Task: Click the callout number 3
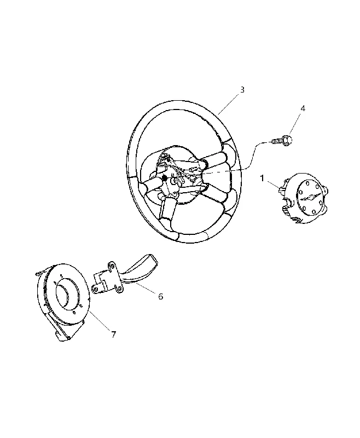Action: (242, 90)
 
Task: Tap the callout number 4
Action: (303, 108)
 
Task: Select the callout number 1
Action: (262, 178)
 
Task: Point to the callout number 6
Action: (160, 296)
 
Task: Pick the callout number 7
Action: (113, 335)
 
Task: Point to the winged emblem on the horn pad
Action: (310, 197)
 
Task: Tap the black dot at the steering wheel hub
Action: (165, 177)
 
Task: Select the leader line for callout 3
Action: (228, 104)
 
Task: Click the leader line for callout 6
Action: (145, 289)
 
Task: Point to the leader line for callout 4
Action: (295, 123)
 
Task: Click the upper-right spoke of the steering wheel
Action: (215, 159)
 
